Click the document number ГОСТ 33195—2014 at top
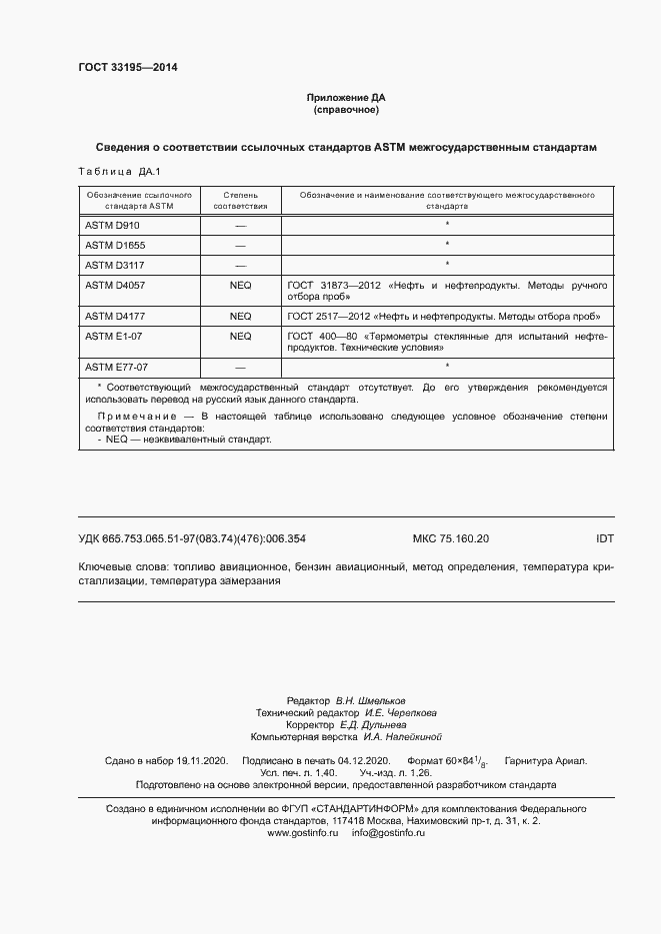[x=127, y=68]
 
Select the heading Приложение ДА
[x=345, y=98]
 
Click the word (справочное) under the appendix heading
[x=345, y=110]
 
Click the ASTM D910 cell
[x=112, y=226]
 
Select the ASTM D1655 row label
[x=115, y=245]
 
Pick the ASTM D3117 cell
[x=115, y=265]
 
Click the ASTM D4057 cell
[x=115, y=285]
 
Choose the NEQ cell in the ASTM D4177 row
[x=240, y=316]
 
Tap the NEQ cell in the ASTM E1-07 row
[x=240, y=336]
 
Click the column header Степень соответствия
[x=240, y=200]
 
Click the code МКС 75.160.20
[x=451, y=538]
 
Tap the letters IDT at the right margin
[x=604, y=538]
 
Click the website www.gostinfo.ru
[x=303, y=805]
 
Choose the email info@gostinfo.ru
[x=389, y=805]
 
